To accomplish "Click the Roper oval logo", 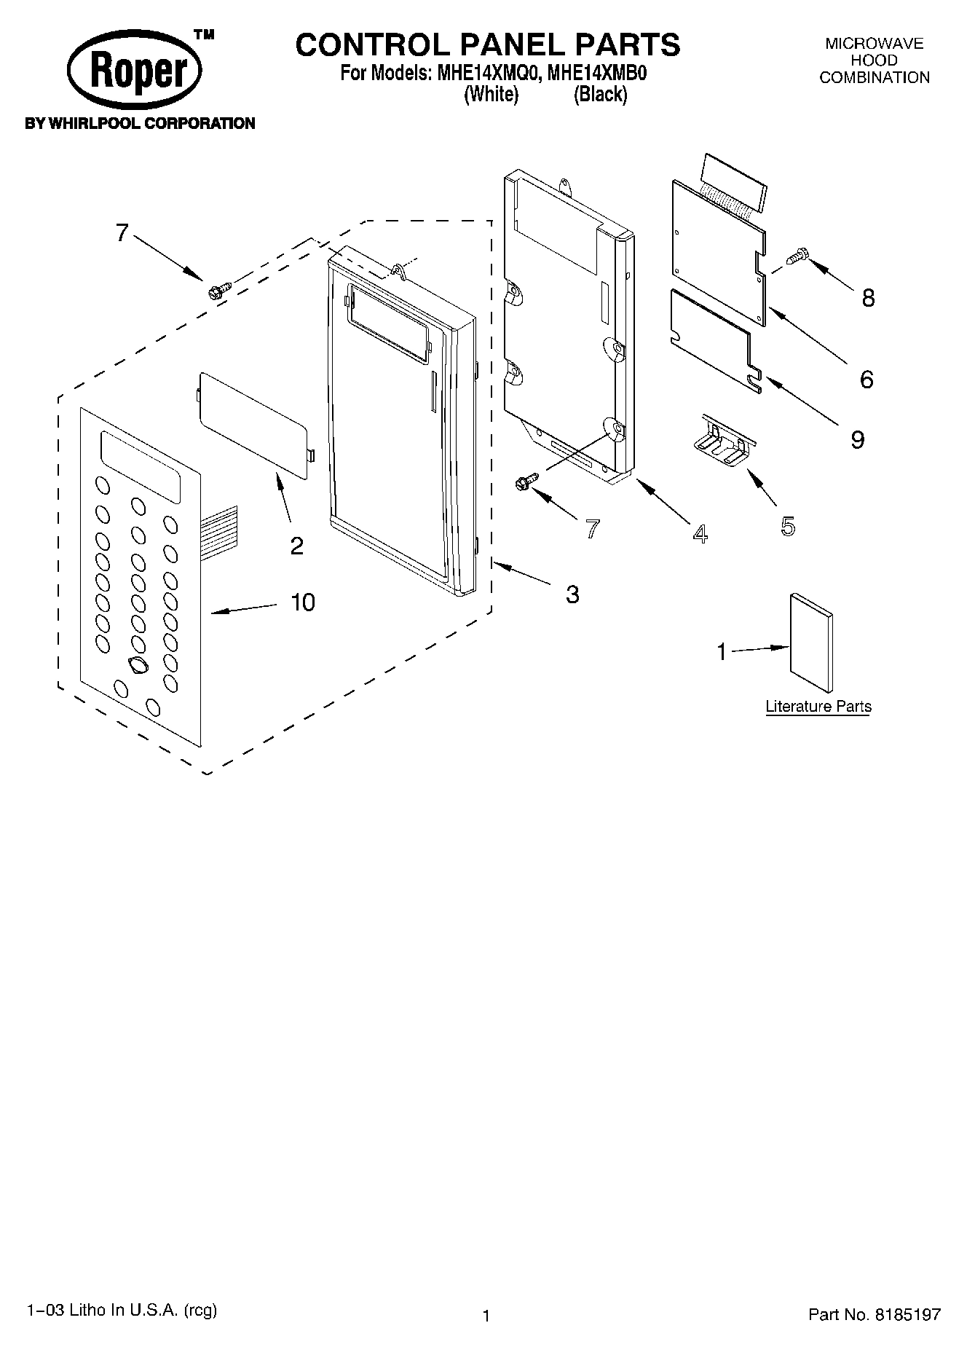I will coord(135,72).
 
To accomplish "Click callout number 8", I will coord(867,297).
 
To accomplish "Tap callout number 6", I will coord(866,379).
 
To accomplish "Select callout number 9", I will coord(857,439).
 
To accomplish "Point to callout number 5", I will coord(787,526).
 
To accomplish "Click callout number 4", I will coord(699,534).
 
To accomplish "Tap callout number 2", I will coord(296,545).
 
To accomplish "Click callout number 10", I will coord(303,602).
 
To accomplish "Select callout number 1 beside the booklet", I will coord(722,651).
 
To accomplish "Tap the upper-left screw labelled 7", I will coord(217,290).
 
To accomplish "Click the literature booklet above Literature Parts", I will coord(810,641).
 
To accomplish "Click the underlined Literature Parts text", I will coord(818,706).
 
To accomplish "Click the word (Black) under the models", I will coord(600,94).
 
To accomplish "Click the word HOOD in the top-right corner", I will coord(874,60).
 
